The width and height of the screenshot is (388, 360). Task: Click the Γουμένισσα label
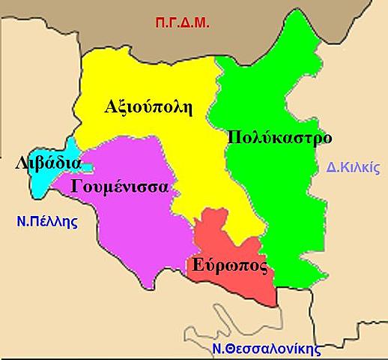119,186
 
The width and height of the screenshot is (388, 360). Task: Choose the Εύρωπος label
229,265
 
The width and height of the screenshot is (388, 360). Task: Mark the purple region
135,225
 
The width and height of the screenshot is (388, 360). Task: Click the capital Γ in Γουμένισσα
76,186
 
